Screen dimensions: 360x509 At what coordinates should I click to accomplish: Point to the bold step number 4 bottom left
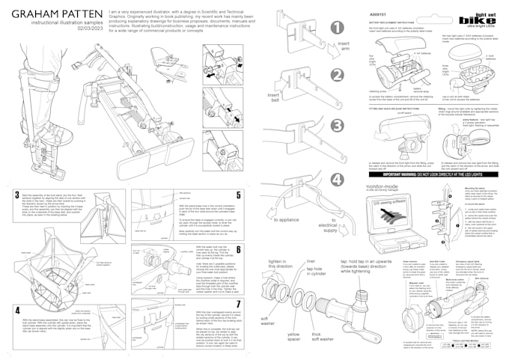17,309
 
